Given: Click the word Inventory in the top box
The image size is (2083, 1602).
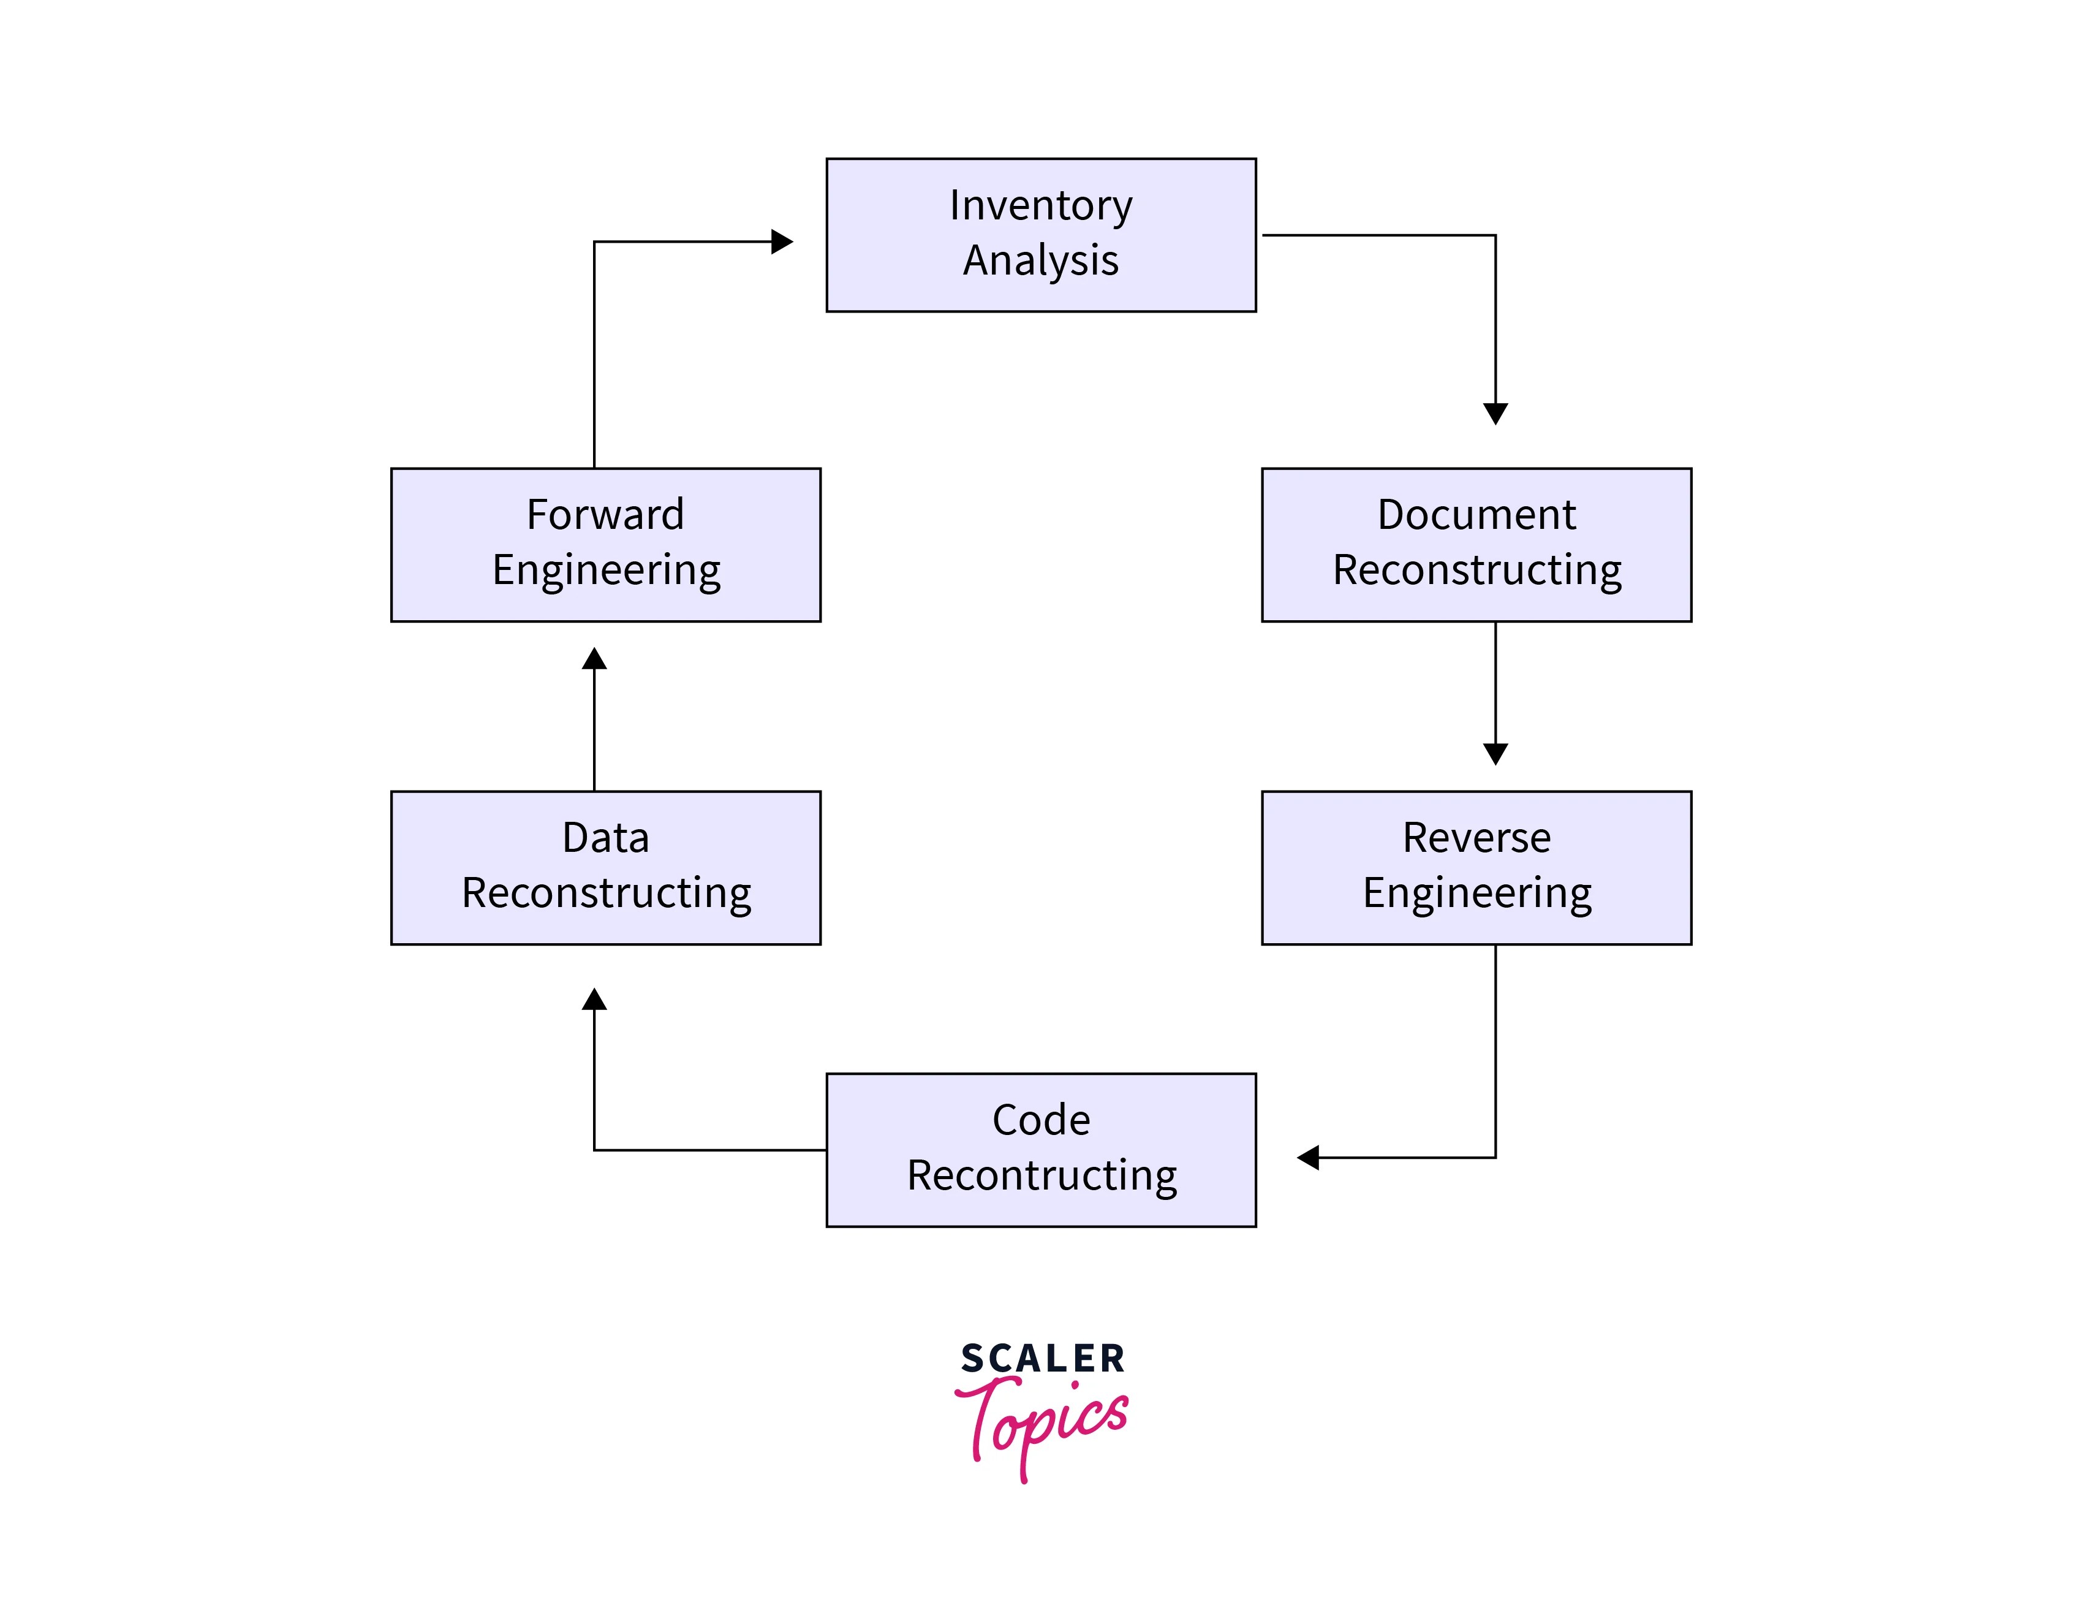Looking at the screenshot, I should [x=1040, y=205].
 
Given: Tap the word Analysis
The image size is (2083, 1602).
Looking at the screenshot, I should [x=1040, y=260].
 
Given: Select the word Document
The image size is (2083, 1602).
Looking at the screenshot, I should [x=1476, y=514].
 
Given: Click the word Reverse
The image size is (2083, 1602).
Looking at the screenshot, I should [x=1476, y=837].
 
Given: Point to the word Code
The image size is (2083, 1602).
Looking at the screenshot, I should [x=1040, y=1120].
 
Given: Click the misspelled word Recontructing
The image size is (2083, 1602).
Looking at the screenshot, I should [x=1041, y=1175].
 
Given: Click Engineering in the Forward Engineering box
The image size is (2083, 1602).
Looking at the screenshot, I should [x=607, y=570].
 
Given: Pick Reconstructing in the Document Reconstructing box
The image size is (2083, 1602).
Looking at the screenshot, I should [x=1476, y=570].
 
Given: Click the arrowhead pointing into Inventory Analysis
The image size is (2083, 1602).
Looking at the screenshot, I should [x=782, y=241].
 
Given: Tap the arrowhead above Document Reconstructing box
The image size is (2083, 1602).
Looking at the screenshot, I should [x=1495, y=413].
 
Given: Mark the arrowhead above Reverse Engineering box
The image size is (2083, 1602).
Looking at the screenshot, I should [x=1495, y=753].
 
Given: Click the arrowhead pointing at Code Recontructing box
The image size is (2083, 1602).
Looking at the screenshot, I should [x=1308, y=1158].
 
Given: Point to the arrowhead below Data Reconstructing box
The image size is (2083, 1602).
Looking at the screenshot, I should [x=594, y=1000].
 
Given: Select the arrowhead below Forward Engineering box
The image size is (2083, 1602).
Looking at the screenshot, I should [x=594, y=659].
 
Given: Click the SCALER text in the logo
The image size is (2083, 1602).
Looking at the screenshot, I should [x=1042, y=1359].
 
